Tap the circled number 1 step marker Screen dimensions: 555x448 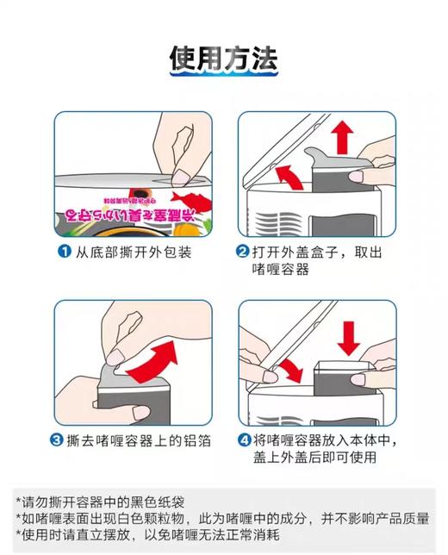click(x=64, y=253)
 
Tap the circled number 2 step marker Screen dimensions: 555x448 click(x=243, y=253)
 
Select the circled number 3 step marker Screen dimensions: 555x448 click(x=64, y=440)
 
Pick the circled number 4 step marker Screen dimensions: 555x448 click(x=243, y=440)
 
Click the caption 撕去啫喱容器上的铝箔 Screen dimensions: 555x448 click(x=142, y=440)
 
